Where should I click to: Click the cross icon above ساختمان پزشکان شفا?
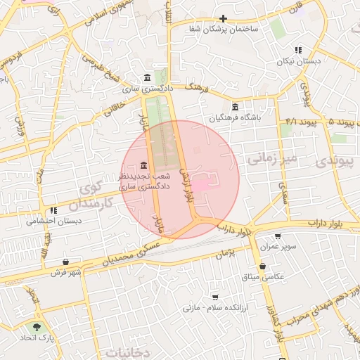point(223,19)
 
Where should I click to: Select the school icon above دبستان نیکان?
point(298,51)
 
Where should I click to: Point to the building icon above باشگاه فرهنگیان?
point(234,108)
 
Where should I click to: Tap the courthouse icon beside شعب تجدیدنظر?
point(144,164)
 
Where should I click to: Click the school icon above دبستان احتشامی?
point(53,210)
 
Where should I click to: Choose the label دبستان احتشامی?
point(54,221)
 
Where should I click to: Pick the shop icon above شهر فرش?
point(65,262)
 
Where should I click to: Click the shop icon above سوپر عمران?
point(278,237)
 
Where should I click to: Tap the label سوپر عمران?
point(279,247)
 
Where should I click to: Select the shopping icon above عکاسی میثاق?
point(262,266)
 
